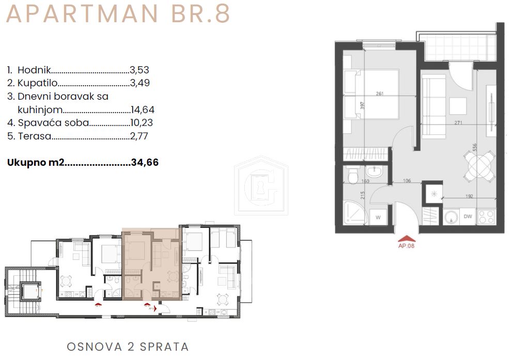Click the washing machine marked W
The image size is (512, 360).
[x=378, y=217]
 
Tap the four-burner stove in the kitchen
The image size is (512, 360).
[x=487, y=216]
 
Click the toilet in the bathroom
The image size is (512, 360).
[x=353, y=176]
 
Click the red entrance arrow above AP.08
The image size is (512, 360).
[x=406, y=238]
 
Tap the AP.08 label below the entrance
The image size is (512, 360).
[x=406, y=246]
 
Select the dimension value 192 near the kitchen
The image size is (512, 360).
[x=469, y=195]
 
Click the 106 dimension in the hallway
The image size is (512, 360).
[x=407, y=181]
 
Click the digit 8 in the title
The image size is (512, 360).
[x=222, y=14]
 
